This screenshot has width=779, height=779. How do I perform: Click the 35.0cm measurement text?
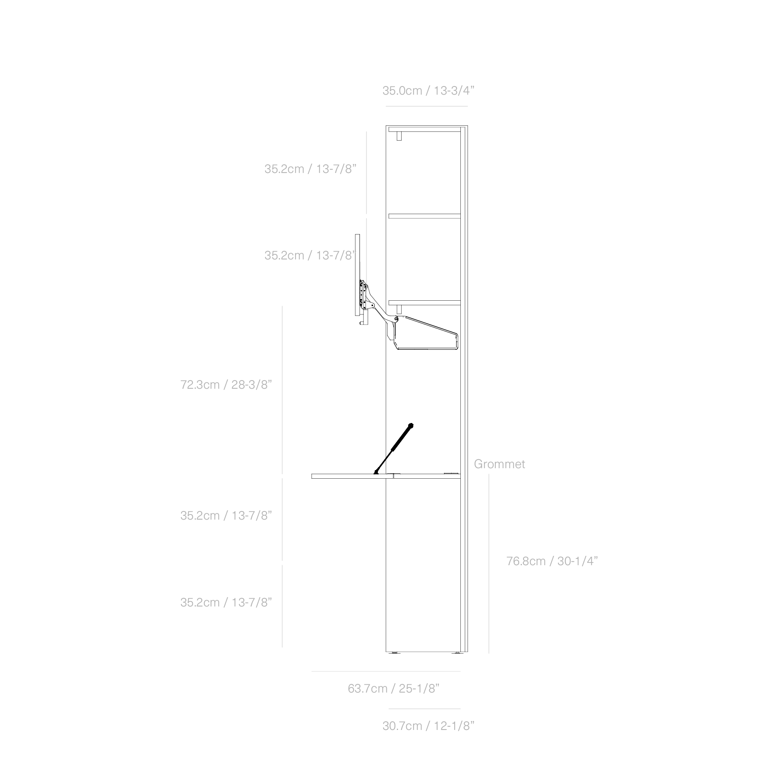coord(402,91)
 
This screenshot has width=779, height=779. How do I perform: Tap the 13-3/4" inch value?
coord(454,91)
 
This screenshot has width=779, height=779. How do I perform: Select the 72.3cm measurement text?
coord(199,385)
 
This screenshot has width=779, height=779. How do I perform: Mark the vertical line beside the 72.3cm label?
coord(282,389)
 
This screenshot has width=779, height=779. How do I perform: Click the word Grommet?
coord(499,464)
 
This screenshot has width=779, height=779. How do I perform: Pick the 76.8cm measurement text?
coord(526,561)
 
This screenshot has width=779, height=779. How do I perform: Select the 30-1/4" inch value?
coord(577,561)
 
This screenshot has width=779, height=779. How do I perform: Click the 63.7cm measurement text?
coord(367,689)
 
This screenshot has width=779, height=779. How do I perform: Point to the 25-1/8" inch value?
coord(419,689)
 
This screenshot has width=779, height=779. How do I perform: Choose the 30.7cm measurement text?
coord(402,726)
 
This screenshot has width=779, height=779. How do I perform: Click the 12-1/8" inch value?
coord(454,726)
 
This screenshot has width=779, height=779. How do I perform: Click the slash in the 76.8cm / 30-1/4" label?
coord(551,561)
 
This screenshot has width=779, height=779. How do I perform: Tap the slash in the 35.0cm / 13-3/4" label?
coord(428,91)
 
